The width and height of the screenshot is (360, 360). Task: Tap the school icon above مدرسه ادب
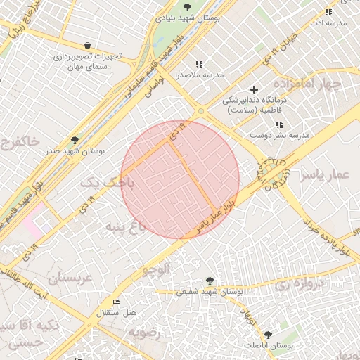328,12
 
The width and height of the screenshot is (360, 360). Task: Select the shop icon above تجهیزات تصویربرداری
86,45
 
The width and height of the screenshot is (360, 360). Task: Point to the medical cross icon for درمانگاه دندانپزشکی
254,89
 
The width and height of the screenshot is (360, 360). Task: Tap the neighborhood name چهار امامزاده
309,85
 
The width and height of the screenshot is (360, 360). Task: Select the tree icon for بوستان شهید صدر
75,140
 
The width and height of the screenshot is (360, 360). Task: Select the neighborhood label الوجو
156,268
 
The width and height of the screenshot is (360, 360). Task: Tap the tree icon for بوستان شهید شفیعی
209,280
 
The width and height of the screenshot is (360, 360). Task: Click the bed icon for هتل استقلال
117,302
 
